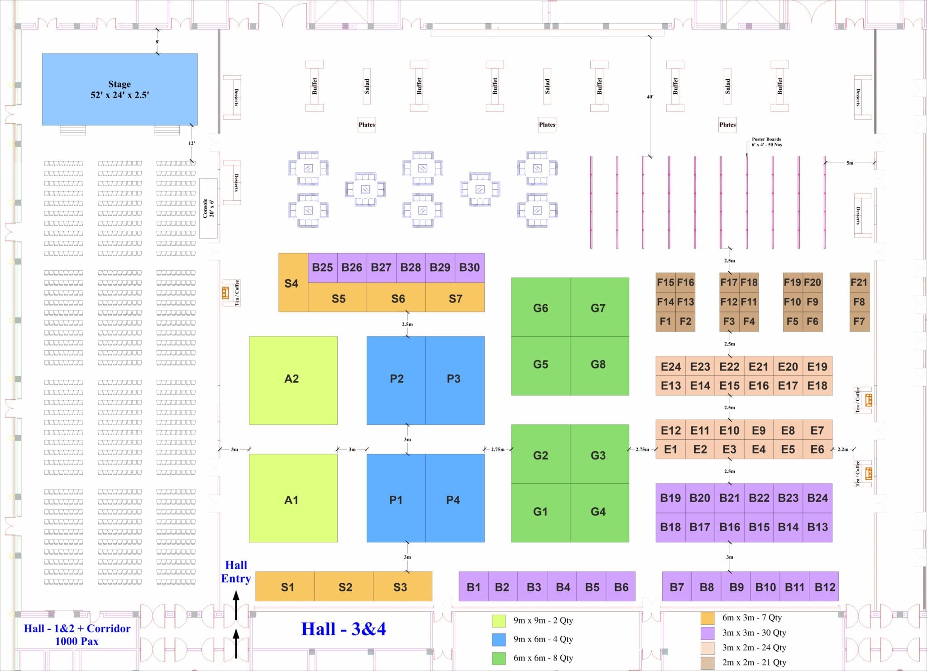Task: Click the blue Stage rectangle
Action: pos(119,89)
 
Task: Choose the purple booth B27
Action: pos(381,268)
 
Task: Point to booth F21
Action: pos(859,283)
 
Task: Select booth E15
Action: pos(729,386)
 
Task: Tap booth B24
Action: pos(817,498)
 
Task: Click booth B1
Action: pos(473,587)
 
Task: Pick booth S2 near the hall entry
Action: pos(345,587)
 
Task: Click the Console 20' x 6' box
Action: pos(208,208)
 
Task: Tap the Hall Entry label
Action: pos(236,572)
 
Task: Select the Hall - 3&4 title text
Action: pos(344,629)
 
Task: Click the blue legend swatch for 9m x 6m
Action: pos(498,639)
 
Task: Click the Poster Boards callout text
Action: pos(766,142)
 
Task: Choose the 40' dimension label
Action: pos(650,97)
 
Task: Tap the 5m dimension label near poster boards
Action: pos(850,163)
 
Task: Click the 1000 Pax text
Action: pos(76,641)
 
